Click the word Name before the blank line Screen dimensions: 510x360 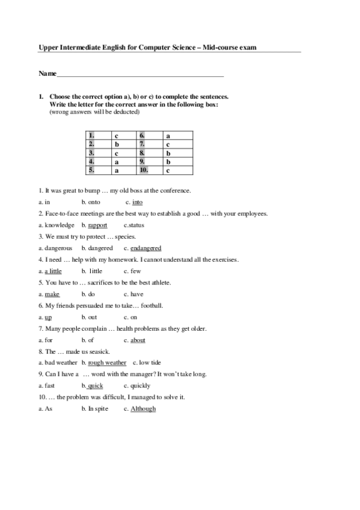[47, 73]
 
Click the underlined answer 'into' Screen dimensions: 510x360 [137, 202]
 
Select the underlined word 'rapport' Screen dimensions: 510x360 [97, 225]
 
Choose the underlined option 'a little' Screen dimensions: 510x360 [53, 271]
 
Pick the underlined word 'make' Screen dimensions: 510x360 [52, 294]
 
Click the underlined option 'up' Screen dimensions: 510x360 [48, 317]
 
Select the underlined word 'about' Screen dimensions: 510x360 [138, 340]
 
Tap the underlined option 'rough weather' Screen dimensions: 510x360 [107, 363]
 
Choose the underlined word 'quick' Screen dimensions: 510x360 [95, 386]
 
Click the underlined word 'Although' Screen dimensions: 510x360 [143, 408]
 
